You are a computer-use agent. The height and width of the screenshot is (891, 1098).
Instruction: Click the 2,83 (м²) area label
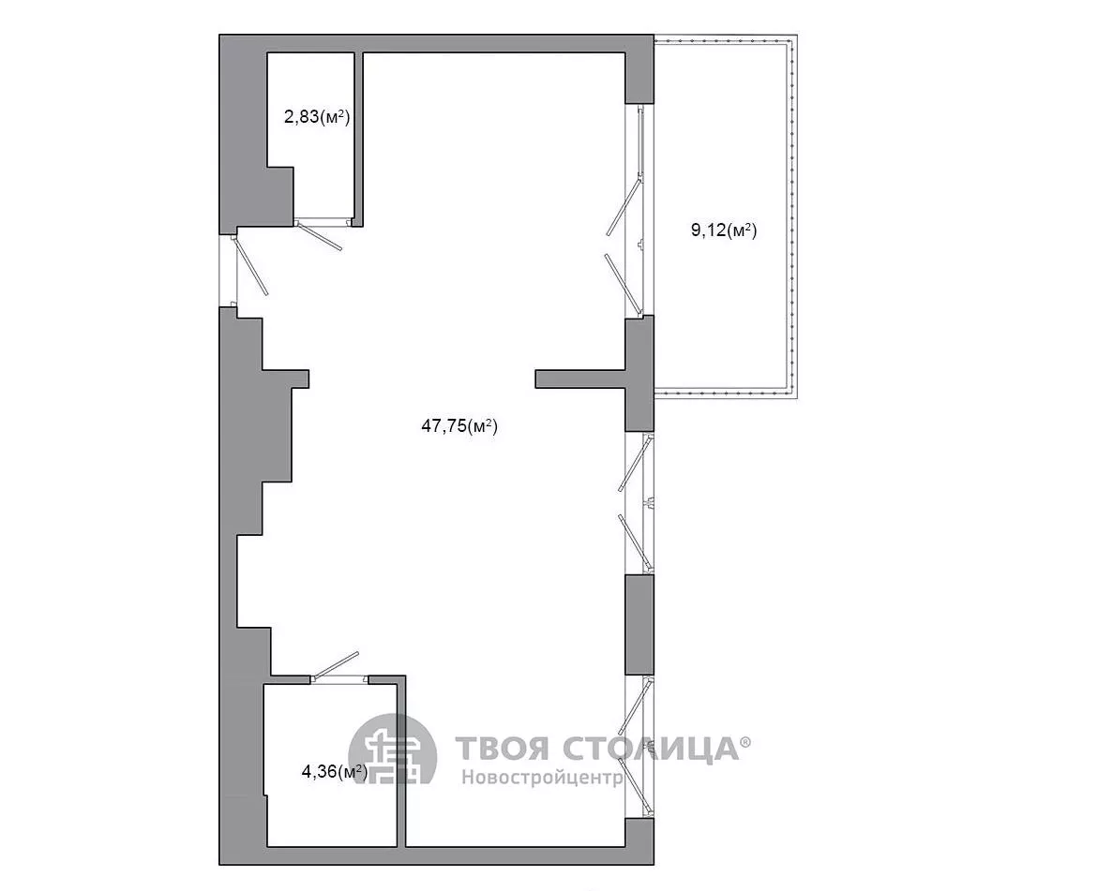point(317,116)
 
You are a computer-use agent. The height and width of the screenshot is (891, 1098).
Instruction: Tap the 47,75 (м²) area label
point(459,425)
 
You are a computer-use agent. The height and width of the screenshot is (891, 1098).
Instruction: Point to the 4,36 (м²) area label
point(334,771)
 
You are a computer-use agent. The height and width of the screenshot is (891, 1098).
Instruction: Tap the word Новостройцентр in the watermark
point(542,778)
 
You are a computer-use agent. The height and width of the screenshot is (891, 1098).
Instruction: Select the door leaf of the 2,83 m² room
point(320,235)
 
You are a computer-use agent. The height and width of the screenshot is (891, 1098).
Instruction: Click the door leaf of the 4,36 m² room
point(336,665)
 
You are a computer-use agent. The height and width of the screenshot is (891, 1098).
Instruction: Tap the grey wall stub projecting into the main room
point(579,379)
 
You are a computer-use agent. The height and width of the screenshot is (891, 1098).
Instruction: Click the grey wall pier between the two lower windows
point(639,625)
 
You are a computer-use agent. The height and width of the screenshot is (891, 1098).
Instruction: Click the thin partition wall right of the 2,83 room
point(358,140)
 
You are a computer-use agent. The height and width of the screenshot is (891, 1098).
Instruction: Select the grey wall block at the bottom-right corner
point(639,840)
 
